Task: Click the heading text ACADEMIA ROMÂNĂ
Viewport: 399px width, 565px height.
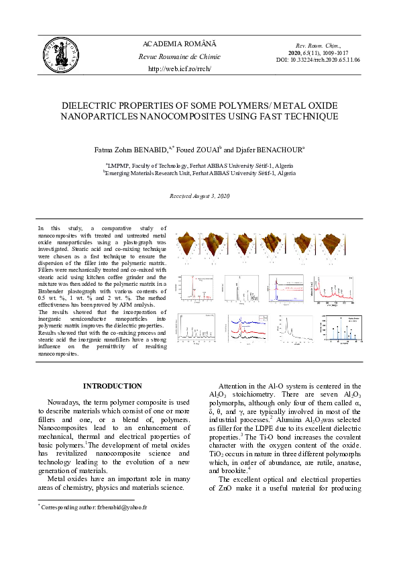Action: click(x=179, y=44)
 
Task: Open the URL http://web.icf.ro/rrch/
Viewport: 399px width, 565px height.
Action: click(x=179, y=69)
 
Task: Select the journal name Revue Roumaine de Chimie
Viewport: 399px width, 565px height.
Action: click(x=179, y=57)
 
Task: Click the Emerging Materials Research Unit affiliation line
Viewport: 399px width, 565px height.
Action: click(x=199, y=172)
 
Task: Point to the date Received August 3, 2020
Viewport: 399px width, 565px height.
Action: click(x=199, y=195)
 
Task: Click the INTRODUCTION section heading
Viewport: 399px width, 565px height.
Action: click(x=112, y=386)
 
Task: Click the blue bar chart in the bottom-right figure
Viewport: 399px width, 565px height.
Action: click(x=343, y=332)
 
